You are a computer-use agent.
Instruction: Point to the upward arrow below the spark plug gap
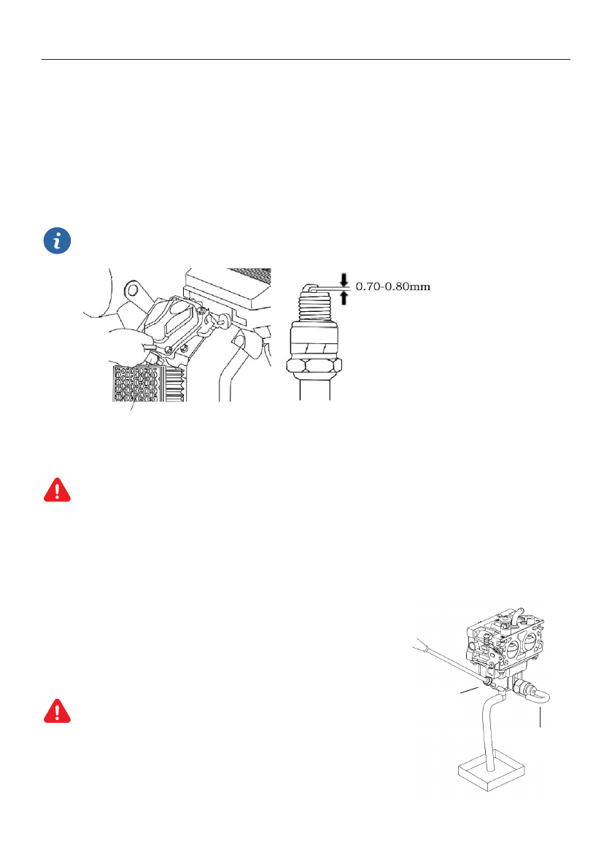(x=344, y=298)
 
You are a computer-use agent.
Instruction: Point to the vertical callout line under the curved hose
(x=540, y=718)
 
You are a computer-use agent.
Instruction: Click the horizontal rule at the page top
(x=306, y=60)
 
